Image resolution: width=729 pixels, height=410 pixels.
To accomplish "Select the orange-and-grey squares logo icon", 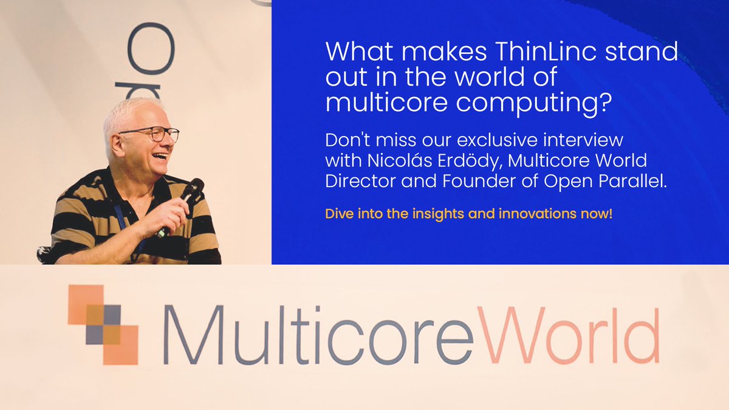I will pos(103,324).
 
